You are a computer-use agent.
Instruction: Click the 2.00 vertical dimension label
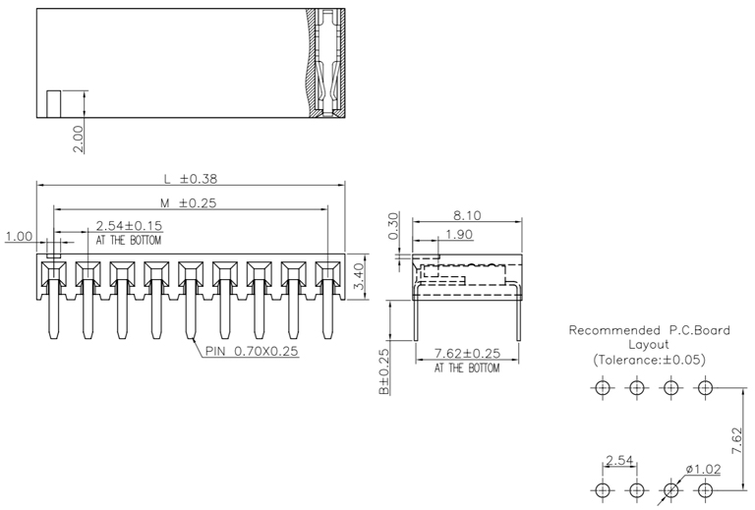coord(79,139)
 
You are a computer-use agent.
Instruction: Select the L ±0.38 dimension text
coord(190,179)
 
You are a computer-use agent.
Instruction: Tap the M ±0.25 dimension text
coord(189,203)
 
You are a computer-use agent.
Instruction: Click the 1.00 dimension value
coord(19,237)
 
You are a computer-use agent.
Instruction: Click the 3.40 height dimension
coord(360,276)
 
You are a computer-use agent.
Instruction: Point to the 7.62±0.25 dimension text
coord(466,354)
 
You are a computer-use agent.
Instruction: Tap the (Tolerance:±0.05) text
coord(649,360)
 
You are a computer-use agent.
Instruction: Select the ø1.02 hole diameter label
coord(703,469)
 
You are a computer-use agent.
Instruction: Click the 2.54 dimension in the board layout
coord(619,460)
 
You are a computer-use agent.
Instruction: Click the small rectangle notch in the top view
coord(54,103)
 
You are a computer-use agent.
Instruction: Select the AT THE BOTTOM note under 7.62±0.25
coord(466,368)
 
